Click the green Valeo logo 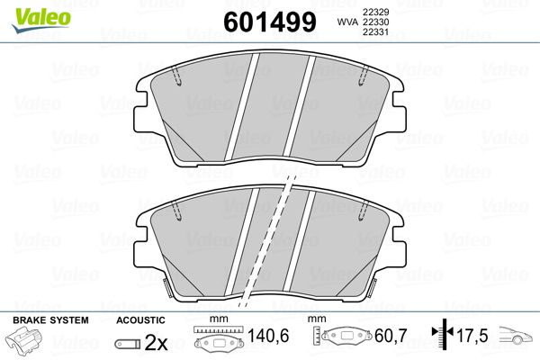(41, 19)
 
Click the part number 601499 (270, 22)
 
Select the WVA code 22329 (375, 12)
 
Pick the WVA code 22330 (375, 22)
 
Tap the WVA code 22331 (375, 32)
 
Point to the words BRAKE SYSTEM (50, 320)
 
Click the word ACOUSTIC (140, 320)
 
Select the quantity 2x (156, 342)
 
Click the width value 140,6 (268, 336)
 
